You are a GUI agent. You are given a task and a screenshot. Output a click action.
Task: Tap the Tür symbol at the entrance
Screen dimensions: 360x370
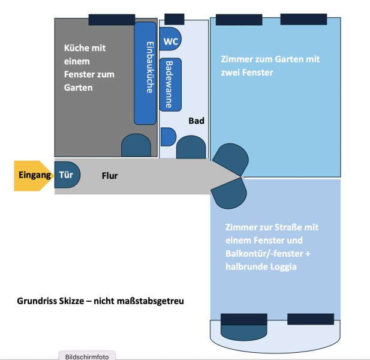[67, 175]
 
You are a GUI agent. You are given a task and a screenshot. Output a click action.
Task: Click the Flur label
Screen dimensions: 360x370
[109, 176]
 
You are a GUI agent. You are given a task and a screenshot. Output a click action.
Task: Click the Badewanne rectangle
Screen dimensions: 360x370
[170, 85]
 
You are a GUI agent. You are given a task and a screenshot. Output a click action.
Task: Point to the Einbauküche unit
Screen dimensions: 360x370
[145, 73]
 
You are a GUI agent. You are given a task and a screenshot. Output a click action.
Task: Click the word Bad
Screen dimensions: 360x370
[196, 121]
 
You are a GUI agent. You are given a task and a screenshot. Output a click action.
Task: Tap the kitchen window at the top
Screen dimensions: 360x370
[112, 19]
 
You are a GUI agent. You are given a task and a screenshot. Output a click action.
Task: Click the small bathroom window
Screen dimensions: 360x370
[174, 19]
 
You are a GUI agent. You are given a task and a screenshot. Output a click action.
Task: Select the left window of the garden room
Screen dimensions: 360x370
[239, 19]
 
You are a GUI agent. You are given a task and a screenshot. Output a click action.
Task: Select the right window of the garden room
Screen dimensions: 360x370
[303, 19]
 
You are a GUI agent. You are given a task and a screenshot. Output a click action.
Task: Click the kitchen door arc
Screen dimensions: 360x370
[136, 146]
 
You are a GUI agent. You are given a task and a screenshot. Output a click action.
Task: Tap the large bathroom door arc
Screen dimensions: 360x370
[191, 147]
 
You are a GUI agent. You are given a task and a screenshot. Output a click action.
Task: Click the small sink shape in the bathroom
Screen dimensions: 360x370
[168, 137]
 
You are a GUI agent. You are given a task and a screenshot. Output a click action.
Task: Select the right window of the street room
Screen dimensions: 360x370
[311, 319]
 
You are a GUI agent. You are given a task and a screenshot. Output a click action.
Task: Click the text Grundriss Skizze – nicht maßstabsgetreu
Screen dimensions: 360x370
[100, 301]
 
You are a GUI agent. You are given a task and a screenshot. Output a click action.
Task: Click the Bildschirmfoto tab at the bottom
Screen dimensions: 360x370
[87, 356]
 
